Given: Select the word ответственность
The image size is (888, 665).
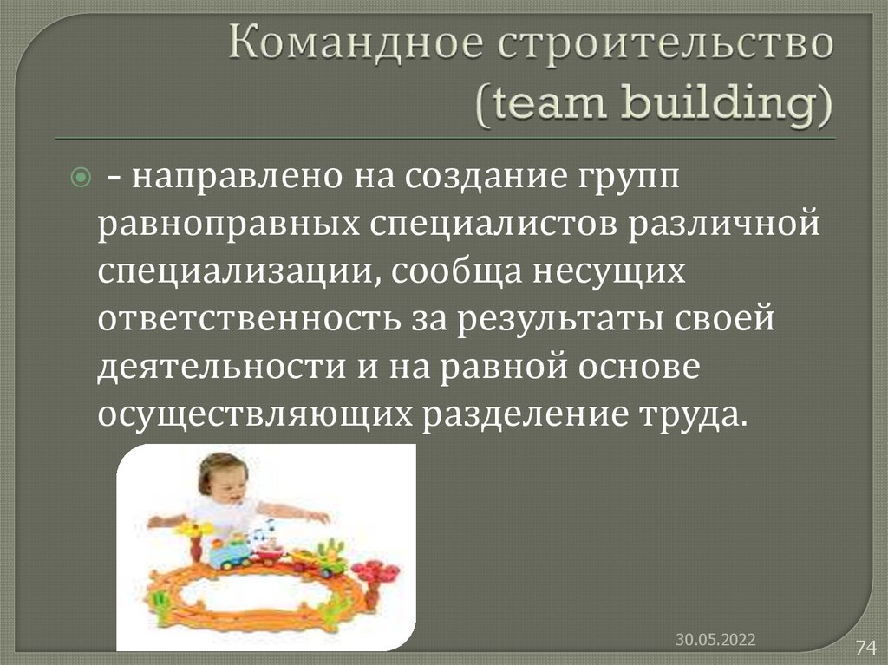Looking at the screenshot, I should pyautogui.click(x=248, y=320).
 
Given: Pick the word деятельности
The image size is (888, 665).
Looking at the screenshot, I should pyautogui.click(x=223, y=368).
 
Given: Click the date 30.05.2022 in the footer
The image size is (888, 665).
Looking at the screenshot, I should pyautogui.click(x=716, y=640).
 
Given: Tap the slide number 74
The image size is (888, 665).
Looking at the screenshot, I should pyautogui.click(x=865, y=647).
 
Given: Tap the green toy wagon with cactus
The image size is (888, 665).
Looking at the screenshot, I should pyautogui.click(x=328, y=560).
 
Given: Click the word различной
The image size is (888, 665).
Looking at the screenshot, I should pyautogui.click(x=724, y=225).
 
